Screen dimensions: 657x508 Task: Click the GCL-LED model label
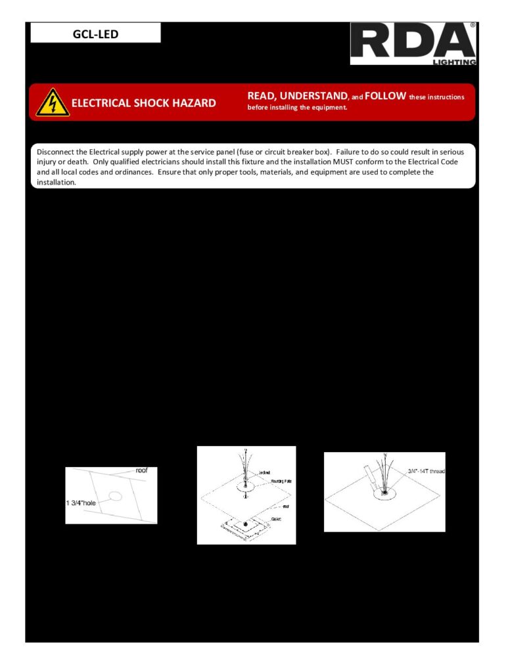95,34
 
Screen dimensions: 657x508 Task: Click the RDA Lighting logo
413,44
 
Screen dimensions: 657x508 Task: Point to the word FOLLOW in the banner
385,97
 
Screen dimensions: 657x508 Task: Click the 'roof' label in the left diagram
141,471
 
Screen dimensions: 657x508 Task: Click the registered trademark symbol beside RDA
472,26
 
